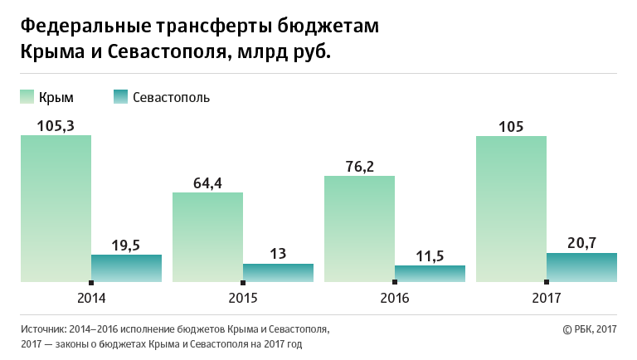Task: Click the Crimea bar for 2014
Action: coord(56,208)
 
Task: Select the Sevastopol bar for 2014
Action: coord(126,269)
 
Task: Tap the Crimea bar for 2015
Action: coord(207,237)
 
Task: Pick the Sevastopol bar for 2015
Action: coord(278,273)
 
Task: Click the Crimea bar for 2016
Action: coord(359,229)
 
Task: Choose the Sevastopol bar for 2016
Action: coord(430,274)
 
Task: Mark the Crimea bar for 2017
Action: coord(511,208)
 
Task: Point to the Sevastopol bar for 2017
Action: coord(581,268)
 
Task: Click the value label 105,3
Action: coord(56,125)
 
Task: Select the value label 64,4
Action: coord(207,182)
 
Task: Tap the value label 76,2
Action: coord(359,166)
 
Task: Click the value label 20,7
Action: coord(581,243)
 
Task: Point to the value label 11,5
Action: coord(430,255)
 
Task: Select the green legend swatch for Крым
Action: coord(27,97)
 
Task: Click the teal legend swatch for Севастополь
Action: coord(121,97)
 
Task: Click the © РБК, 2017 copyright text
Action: coord(590,329)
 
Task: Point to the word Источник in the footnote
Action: coord(42,329)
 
